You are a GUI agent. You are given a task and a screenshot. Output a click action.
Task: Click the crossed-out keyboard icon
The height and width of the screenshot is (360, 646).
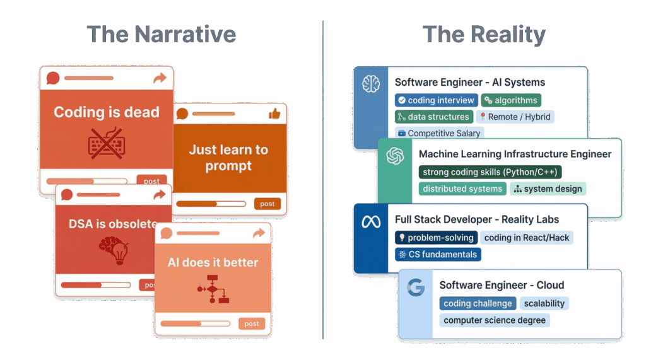click(106, 143)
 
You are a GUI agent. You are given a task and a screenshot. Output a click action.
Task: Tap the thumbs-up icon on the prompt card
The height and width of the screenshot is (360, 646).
click(274, 113)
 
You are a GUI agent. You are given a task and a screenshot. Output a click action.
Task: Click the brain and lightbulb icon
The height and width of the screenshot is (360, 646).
click(114, 250)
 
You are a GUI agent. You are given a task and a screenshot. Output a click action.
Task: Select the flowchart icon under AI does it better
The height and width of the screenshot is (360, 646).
click(213, 289)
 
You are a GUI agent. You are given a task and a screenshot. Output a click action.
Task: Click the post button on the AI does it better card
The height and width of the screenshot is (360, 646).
click(252, 324)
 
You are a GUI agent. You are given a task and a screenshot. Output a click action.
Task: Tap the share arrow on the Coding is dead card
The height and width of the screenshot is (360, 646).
click(160, 78)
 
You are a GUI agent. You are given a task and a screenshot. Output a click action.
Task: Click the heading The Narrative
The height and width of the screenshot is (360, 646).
click(161, 34)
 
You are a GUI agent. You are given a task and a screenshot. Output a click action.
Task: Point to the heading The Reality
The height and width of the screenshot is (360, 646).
click(484, 34)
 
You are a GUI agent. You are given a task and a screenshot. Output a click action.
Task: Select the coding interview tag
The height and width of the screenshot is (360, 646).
click(437, 100)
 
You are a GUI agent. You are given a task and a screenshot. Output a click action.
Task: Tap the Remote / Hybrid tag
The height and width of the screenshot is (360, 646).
click(515, 117)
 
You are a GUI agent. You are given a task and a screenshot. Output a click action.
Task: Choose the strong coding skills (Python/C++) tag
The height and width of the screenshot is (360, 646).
click(490, 171)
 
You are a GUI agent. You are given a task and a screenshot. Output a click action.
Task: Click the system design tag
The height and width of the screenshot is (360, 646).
click(548, 189)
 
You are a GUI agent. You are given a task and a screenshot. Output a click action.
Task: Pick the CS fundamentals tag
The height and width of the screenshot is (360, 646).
click(438, 255)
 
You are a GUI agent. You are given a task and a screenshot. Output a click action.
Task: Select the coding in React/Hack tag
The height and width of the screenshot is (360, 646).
click(527, 238)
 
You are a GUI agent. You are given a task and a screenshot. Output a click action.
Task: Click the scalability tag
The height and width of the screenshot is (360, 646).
click(544, 303)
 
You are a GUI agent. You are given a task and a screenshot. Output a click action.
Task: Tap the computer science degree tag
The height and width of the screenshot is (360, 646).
click(495, 320)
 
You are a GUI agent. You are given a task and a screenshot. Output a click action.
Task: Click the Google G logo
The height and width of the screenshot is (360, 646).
click(416, 287)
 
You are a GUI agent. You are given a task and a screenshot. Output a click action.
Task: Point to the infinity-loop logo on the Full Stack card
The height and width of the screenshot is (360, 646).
click(371, 223)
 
